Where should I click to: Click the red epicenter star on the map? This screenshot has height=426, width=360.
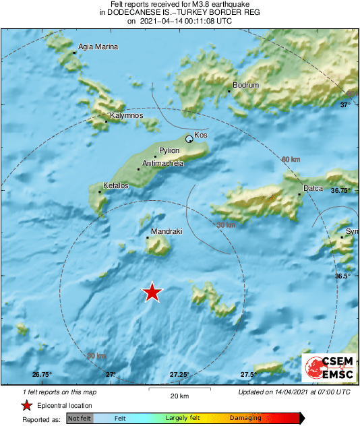click(x=152, y=292)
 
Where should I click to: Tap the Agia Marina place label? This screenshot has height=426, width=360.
click(x=98, y=47)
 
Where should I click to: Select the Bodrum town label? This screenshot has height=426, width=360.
click(x=245, y=86)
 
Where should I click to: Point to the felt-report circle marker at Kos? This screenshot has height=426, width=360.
click(x=189, y=139)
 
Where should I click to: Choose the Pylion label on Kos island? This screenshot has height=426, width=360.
click(x=169, y=151)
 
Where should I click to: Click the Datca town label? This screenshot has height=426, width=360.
click(x=313, y=188)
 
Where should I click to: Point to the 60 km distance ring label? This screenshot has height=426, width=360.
click(x=290, y=159)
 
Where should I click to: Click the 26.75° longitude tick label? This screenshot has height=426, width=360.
click(x=42, y=375)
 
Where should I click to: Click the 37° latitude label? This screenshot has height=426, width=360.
click(x=345, y=105)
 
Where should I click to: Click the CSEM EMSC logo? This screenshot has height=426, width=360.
click(x=329, y=368)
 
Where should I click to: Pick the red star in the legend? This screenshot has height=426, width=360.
click(x=26, y=406)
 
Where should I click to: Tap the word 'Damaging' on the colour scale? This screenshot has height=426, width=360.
click(x=245, y=419)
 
